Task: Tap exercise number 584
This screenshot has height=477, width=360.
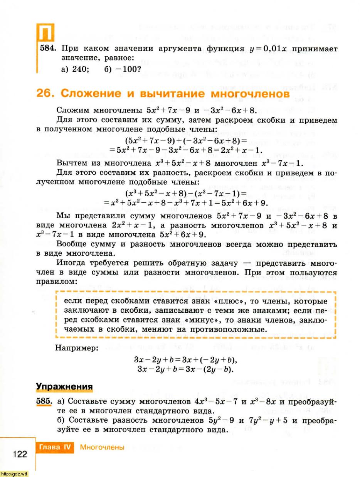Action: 49,49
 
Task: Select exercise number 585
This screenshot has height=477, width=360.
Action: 44,401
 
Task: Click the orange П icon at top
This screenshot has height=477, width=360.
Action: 45,34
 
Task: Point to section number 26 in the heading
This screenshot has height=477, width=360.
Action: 46,94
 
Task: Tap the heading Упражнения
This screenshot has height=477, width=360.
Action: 64,386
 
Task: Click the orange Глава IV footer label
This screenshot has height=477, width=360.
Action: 55,448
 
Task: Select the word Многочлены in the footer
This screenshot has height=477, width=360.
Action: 102,448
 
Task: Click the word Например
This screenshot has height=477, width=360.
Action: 77,348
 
